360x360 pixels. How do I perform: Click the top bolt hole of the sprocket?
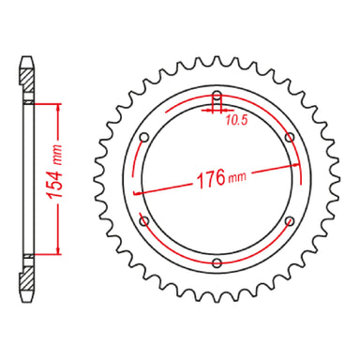[x=217, y=97]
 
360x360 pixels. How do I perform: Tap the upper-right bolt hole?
[x=289, y=138]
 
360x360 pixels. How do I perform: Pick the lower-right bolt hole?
[x=289, y=220]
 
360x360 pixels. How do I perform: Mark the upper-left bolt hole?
[x=144, y=138]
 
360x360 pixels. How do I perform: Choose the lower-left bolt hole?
[x=144, y=220]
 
